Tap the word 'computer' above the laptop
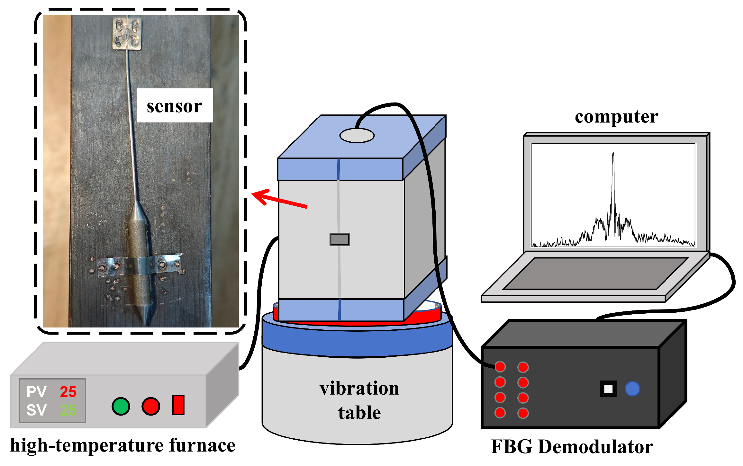(x=616, y=116)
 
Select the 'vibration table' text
(x=359, y=400)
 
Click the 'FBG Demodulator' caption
(x=572, y=447)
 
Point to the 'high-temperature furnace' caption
(x=123, y=445)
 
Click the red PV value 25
(x=68, y=392)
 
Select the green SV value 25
(x=68, y=410)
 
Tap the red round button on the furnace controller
(x=151, y=406)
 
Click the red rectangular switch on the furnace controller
(x=178, y=405)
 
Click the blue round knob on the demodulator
(x=632, y=389)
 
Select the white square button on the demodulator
(x=608, y=389)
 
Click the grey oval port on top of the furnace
(x=357, y=135)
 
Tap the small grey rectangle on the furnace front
(x=340, y=239)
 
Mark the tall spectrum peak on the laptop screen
(x=613, y=154)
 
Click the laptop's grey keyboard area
(x=596, y=273)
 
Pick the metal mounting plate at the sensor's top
(x=127, y=34)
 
